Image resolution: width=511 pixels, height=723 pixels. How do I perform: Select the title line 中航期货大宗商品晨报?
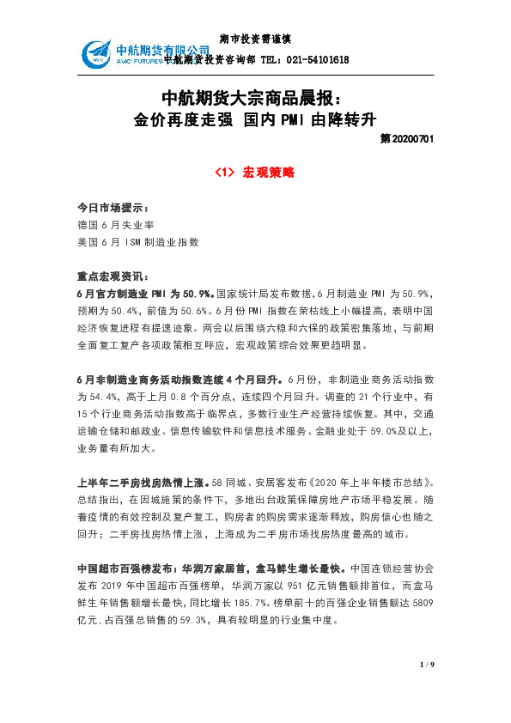[x=255, y=97]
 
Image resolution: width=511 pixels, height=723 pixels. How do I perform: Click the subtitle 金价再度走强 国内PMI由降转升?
[x=255, y=118]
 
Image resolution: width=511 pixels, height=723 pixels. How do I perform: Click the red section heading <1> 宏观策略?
[x=255, y=172]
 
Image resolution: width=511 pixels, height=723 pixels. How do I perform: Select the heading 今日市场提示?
[x=113, y=209]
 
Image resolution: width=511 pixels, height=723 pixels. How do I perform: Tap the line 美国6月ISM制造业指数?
[x=138, y=242]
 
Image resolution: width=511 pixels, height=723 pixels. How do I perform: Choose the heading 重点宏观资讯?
[x=113, y=277]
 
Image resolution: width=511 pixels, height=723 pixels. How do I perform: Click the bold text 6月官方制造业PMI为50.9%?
[x=145, y=294]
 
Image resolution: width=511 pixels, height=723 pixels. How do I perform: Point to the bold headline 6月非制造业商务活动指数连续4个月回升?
[x=178, y=379]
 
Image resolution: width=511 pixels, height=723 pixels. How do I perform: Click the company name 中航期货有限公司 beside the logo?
[x=162, y=50]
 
